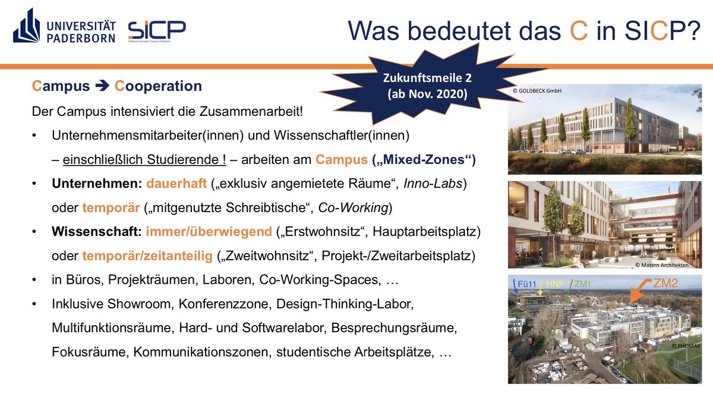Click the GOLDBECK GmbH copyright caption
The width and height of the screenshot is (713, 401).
pyautogui.click(x=537, y=91)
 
